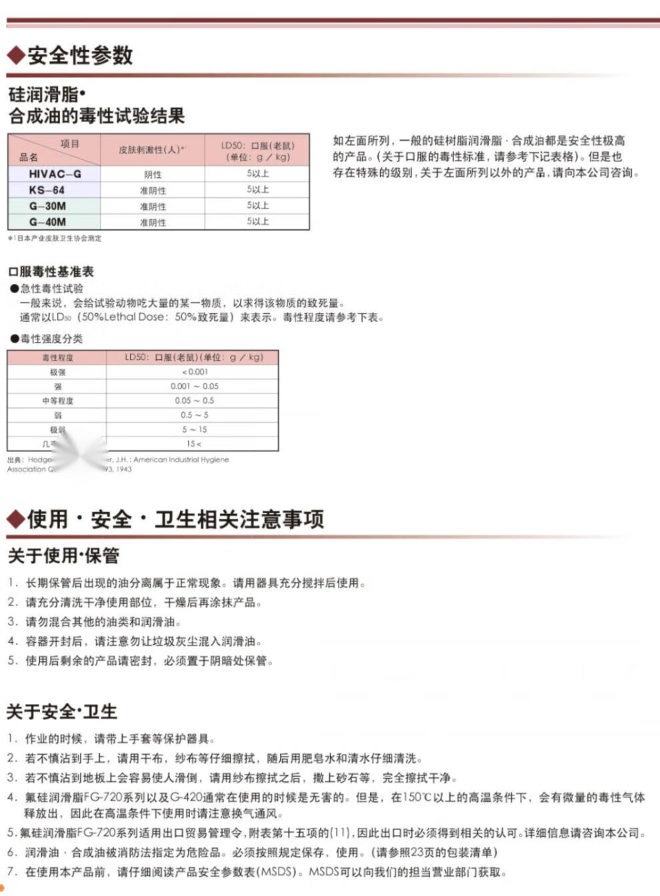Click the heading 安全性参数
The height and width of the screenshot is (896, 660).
[80, 55]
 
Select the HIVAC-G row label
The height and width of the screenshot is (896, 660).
[55, 174]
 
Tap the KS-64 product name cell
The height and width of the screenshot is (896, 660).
[47, 190]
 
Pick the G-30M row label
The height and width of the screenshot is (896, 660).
[47, 206]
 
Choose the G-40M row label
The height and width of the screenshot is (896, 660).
[47, 222]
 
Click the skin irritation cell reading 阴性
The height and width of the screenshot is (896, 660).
[153, 175]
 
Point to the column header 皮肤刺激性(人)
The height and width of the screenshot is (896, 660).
[151, 150]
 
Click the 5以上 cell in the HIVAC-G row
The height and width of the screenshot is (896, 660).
[257, 174]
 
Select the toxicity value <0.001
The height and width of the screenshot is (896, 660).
[195, 372]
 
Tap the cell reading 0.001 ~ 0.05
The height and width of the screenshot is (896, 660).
[194, 387]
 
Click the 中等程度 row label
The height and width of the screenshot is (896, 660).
[57, 401]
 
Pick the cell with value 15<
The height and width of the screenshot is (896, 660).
[194, 444]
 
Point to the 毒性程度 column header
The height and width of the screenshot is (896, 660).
[57, 358]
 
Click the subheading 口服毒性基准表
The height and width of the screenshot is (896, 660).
[51, 271]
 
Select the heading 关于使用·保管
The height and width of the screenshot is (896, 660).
[63, 555]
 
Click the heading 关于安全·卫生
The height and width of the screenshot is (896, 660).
[62, 711]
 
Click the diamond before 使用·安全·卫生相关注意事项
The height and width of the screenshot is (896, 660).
[15, 519]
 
